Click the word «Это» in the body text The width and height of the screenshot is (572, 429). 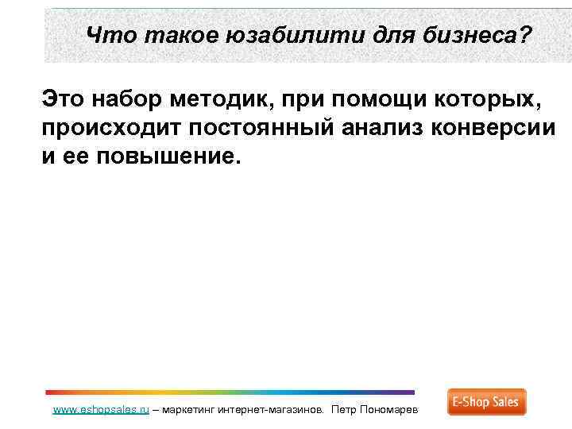pyautogui.click(x=63, y=101)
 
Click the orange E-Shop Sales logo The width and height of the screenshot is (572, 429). pyautogui.click(x=486, y=402)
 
